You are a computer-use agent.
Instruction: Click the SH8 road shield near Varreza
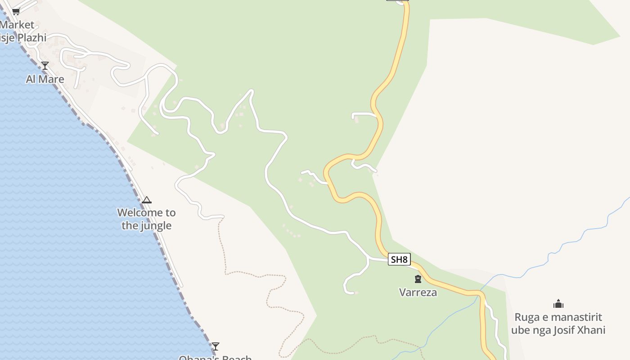(x=399, y=259)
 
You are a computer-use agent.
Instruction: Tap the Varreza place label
(x=418, y=292)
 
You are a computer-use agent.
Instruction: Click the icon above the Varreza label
(x=418, y=279)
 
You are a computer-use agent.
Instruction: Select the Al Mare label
(x=45, y=79)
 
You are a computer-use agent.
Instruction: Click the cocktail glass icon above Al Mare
(x=45, y=66)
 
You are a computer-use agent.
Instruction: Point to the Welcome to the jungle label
(x=147, y=219)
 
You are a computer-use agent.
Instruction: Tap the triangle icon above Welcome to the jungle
(x=147, y=200)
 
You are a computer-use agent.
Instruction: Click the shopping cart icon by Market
(x=16, y=11)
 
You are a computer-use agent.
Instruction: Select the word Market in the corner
(x=17, y=25)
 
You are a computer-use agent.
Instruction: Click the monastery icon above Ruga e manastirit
(x=558, y=304)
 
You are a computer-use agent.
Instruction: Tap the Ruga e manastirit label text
(x=558, y=317)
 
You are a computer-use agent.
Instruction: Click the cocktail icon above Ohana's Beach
(x=216, y=346)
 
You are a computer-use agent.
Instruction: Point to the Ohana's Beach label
(x=215, y=357)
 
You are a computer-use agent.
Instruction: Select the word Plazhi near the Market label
(x=31, y=38)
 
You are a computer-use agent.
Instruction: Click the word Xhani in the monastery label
(x=591, y=330)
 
